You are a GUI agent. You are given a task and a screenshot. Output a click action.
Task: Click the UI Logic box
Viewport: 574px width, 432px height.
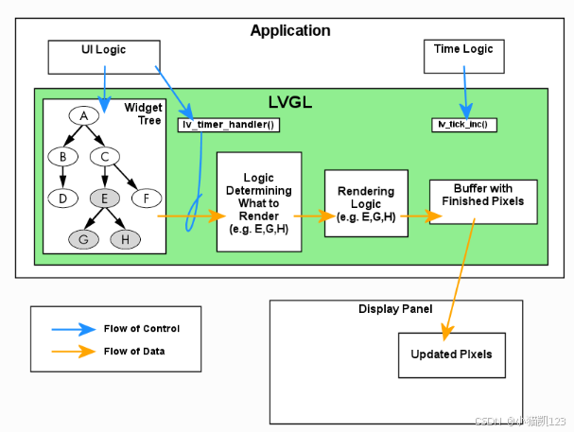[103, 57]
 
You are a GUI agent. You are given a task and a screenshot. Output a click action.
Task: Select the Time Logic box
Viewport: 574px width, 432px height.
[463, 57]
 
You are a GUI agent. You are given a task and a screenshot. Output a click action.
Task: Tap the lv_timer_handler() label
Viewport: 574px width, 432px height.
[229, 125]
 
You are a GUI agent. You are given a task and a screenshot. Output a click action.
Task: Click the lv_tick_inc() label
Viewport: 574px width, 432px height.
[464, 125]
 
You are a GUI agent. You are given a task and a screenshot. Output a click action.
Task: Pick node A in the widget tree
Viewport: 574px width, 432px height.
[84, 115]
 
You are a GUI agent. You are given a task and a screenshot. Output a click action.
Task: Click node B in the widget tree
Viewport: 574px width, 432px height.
[62, 156]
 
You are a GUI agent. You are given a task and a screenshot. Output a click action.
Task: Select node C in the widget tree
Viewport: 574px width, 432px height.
[105, 156]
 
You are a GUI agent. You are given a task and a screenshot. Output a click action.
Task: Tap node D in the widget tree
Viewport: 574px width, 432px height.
[62, 198]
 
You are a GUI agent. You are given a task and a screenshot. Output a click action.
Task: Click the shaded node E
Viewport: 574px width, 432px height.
[105, 198]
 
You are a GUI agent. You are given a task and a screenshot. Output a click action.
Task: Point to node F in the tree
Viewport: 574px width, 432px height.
[147, 198]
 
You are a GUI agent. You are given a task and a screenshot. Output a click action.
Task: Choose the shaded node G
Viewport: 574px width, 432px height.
[83, 239]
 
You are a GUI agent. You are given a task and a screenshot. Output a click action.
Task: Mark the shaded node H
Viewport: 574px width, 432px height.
[126, 239]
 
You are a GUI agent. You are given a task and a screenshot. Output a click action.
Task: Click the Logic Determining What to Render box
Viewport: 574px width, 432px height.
[259, 201]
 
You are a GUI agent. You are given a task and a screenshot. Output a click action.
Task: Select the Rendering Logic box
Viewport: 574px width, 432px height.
[366, 204]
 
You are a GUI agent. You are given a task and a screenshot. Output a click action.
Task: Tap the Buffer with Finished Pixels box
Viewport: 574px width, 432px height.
[483, 200]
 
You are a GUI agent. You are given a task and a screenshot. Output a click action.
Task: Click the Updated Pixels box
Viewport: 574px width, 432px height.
[451, 354]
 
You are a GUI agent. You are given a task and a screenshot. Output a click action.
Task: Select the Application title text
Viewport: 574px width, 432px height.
[289, 31]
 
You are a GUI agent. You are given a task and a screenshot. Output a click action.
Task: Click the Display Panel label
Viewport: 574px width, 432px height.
[395, 309]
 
